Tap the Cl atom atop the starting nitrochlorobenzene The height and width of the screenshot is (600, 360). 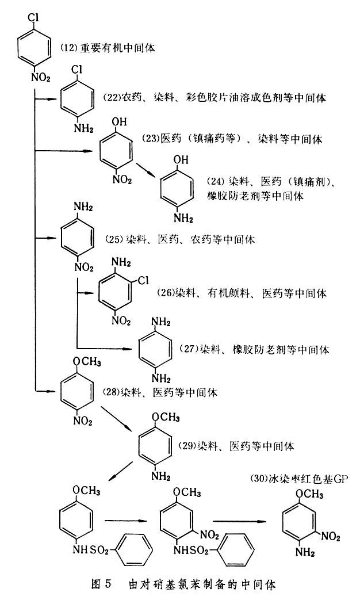coord(33,10)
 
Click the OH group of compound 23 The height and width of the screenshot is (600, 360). coord(117,122)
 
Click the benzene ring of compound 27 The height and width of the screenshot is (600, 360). coord(155,349)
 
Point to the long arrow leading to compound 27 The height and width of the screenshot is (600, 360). coord(104,348)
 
